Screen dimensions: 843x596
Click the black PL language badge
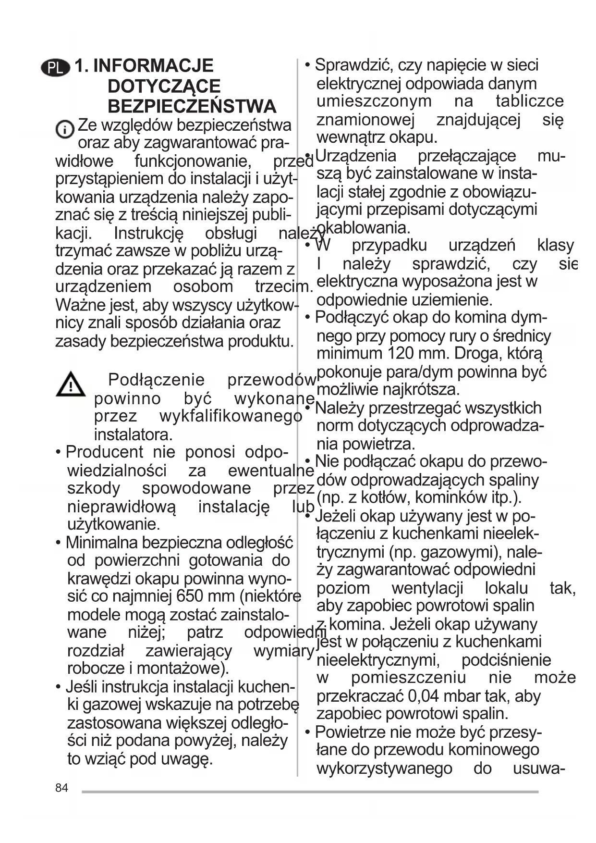pos(56,68)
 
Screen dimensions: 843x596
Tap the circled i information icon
pos(65,129)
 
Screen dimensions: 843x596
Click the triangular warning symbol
pos(71,384)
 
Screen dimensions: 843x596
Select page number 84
pos(61,788)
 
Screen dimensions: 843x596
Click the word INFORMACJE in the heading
pos(153,66)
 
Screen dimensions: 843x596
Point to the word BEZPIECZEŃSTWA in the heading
pos(192,106)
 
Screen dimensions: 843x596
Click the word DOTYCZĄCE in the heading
pos(164,87)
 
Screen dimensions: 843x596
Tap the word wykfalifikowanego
pos(231,416)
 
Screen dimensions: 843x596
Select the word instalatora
pos(133,434)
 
